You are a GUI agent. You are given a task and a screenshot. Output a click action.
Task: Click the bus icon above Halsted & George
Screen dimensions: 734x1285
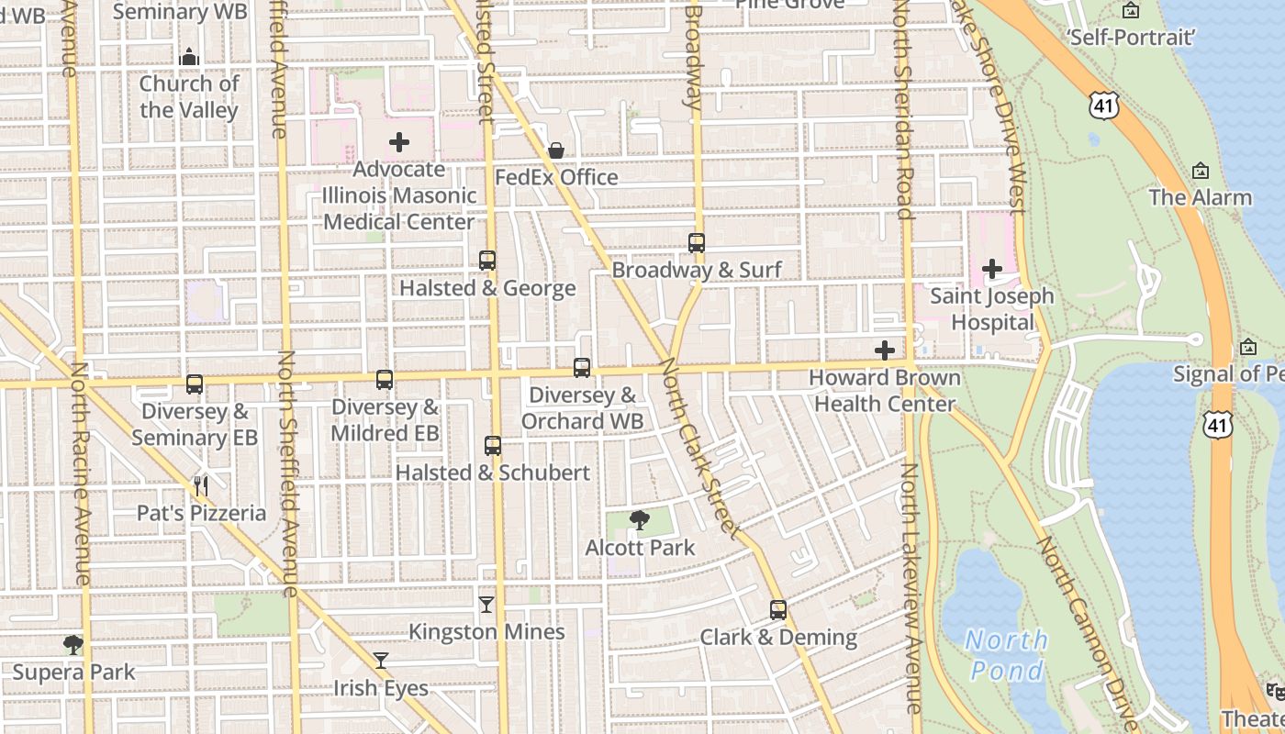coord(487,261)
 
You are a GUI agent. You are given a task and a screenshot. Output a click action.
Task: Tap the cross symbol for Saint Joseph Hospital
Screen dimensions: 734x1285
coord(992,269)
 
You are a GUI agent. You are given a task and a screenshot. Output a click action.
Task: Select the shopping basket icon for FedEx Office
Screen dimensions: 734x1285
coord(556,150)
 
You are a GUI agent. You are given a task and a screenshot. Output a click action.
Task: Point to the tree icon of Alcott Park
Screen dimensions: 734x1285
coord(640,521)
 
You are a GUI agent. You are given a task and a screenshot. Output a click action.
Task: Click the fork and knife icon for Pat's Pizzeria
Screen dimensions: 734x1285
coord(201,485)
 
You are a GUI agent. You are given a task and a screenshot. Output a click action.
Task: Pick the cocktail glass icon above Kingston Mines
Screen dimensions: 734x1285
coord(486,605)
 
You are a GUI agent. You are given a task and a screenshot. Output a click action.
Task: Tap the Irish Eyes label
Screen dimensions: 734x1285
coord(380,688)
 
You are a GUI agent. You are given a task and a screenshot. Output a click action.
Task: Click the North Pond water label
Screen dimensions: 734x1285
coord(1006,654)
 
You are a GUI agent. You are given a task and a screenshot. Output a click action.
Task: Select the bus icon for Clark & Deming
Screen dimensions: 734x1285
coord(778,610)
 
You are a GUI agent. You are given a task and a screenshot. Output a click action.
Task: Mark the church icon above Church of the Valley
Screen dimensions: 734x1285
coord(189,57)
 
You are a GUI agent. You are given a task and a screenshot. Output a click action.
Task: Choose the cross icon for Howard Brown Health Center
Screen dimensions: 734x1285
coord(885,350)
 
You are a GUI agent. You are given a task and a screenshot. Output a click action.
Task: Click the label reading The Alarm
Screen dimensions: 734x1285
coord(1200,197)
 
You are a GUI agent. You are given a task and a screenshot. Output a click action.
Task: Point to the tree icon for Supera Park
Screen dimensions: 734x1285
coord(73,645)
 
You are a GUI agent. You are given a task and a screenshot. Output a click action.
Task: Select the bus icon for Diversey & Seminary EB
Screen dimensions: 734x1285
coord(195,384)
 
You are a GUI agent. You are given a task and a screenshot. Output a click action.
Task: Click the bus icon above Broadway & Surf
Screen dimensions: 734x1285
coord(697,243)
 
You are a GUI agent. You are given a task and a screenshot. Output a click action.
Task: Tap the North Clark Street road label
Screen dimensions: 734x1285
coord(699,450)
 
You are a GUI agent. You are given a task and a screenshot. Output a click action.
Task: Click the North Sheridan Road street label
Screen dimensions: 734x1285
coord(904,110)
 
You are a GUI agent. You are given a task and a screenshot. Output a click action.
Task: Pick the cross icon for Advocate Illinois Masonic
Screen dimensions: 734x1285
coord(399,142)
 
